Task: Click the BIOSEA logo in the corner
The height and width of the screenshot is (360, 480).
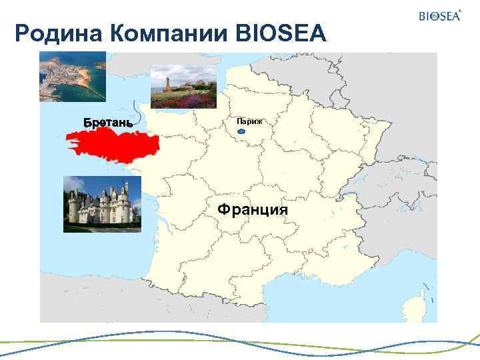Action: pyautogui.click(x=439, y=16)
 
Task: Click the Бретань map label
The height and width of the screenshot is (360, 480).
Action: pyautogui.click(x=107, y=123)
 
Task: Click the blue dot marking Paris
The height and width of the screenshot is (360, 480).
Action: pyautogui.click(x=241, y=132)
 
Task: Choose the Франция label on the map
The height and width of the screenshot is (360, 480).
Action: pyautogui.click(x=253, y=209)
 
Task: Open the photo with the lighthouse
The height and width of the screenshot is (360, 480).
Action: pyautogui.click(x=183, y=87)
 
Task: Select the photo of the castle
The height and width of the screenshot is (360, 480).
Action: pyautogui.click(x=102, y=204)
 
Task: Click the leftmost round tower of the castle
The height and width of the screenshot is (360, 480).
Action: pyautogui.click(x=73, y=208)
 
